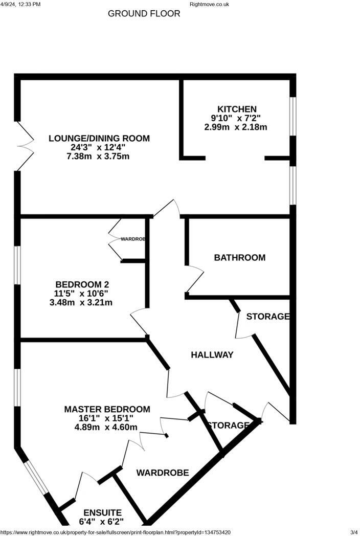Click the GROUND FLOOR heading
(144, 14)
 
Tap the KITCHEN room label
(237, 109)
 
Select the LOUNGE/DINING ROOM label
(99, 138)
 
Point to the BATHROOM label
(239, 257)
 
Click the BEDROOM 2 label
(82, 284)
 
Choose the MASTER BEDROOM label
(107, 409)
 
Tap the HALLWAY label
(212, 354)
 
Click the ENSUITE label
(103, 512)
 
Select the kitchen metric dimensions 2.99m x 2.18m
(236, 127)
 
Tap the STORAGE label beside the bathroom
(268, 317)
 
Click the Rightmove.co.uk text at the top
(209, 4)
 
